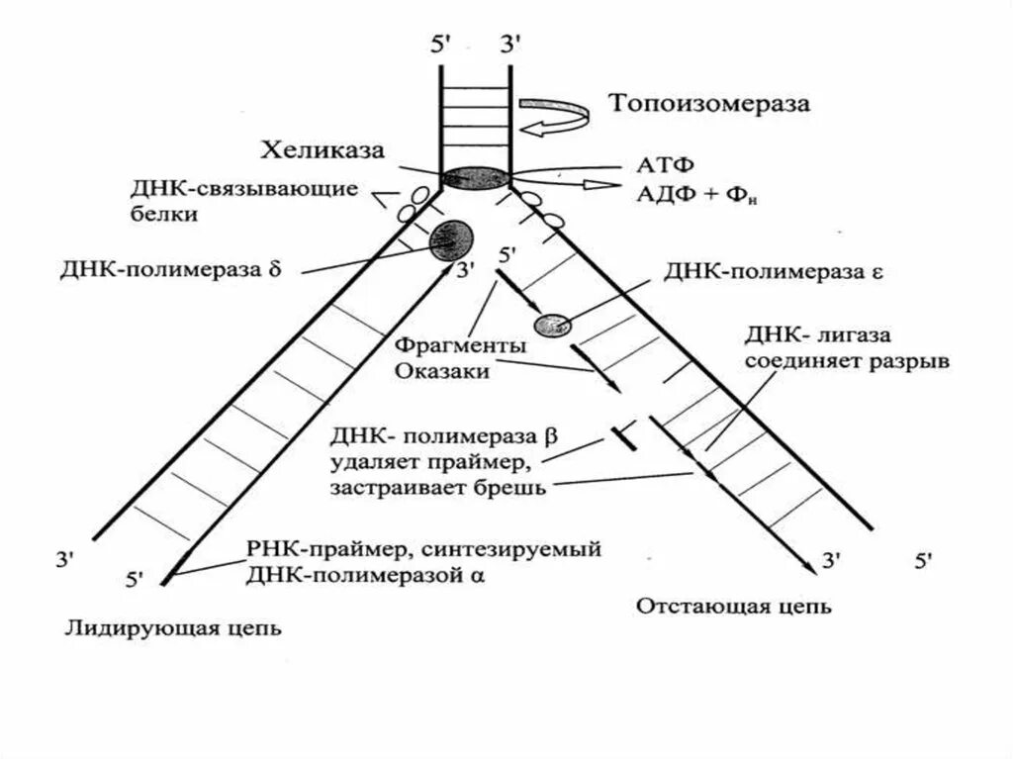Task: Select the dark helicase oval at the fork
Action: (x=475, y=178)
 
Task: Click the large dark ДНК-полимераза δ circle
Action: (x=451, y=238)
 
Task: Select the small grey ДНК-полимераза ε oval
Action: (x=552, y=324)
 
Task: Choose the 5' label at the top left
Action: (x=442, y=46)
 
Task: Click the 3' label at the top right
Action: (x=511, y=46)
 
